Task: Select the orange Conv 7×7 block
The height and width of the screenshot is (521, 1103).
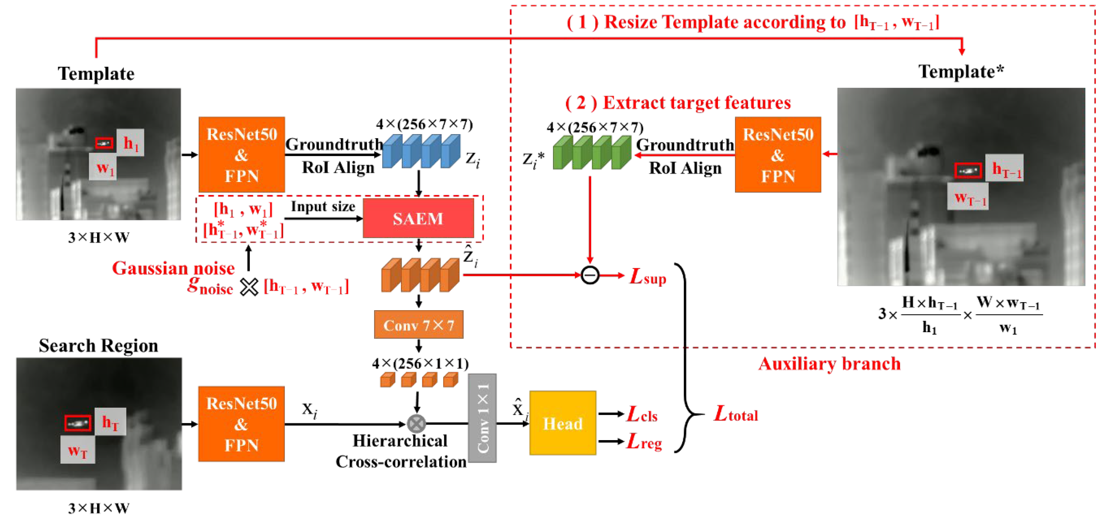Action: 418,325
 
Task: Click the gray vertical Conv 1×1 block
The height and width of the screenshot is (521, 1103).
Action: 482,418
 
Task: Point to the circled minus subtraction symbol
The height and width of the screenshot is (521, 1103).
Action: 590,275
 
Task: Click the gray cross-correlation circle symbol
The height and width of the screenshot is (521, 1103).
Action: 416,423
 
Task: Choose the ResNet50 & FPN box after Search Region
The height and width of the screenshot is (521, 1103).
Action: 241,423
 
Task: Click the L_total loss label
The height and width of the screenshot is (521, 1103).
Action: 735,414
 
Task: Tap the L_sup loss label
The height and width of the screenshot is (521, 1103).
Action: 647,277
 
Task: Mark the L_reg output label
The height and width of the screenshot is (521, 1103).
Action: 644,441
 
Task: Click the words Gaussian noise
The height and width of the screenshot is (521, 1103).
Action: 173,268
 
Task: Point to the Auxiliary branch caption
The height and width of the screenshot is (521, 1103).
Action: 829,364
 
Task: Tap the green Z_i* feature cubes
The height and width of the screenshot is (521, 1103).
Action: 591,152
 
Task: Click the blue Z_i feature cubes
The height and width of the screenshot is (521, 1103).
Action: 420,151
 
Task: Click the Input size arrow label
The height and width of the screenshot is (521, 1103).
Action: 323,207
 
